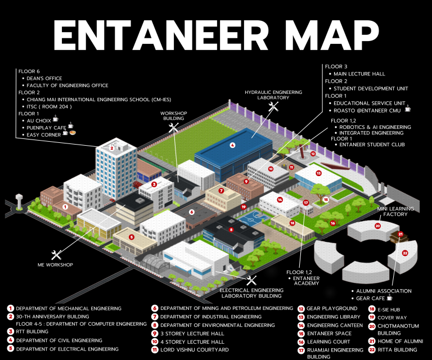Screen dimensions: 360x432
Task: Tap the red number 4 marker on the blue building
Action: [x=232, y=145]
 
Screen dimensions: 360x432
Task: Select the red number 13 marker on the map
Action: [x=318, y=173]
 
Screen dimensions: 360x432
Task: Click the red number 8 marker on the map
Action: [x=231, y=229]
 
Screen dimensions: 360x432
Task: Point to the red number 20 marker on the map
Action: [x=378, y=226]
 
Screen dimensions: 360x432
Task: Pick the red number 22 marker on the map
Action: [x=404, y=253]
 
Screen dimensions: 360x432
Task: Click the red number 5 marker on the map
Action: [x=131, y=237]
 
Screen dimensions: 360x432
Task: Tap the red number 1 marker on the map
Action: [x=65, y=207]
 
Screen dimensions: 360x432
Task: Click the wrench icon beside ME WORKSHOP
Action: [x=56, y=254]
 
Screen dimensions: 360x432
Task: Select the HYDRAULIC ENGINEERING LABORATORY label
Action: [x=273, y=94]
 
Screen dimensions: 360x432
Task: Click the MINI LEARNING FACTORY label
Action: [x=395, y=211]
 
